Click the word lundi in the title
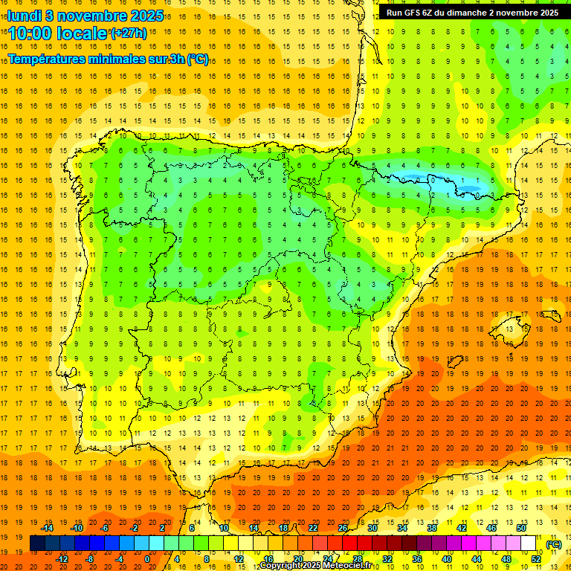click(25, 15)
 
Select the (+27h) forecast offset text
click(128, 33)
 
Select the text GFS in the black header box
click(416, 12)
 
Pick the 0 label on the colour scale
click(147, 558)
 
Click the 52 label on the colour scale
click(536, 558)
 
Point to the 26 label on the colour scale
click(343, 528)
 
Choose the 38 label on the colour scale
click(432, 528)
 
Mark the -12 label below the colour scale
click(62, 558)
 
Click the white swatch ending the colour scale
click(529, 543)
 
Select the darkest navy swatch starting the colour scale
click(37, 543)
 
